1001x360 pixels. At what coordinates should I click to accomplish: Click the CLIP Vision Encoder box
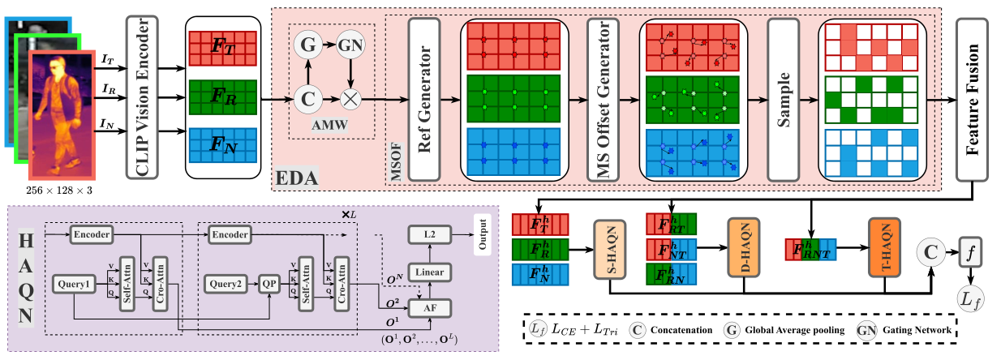[x=142, y=97]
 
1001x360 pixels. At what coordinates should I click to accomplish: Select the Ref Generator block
[x=424, y=99]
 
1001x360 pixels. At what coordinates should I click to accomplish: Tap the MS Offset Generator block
[x=603, y=99]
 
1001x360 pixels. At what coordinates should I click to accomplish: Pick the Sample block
[x=784, y=99]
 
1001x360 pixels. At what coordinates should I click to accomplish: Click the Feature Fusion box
[x=972, y=99]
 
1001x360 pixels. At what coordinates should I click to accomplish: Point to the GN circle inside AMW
[x=350, y=45]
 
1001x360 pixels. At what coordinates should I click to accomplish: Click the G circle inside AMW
[x=308, y=45]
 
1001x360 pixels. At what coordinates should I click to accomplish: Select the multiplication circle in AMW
[x=350, y=99]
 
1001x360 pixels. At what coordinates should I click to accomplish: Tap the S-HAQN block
[x=609, y=249]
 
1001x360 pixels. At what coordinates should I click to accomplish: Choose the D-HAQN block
[x=744, y=247]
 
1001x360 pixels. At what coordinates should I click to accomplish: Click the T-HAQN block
[x=884, y=247]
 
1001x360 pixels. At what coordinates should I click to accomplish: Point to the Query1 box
[x=74, y=284]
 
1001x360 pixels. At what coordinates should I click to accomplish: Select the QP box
[x=269, y=284]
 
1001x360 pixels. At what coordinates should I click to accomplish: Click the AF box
[x=430, y=308]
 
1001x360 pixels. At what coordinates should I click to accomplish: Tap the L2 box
[x=430, y=235]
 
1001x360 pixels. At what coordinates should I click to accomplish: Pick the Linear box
[x=430, y=272]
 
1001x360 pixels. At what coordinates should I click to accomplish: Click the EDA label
[x=297, y=178]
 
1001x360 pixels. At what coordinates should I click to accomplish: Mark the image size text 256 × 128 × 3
[x=59, y=191]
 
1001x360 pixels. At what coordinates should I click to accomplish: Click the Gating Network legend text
[x=917, y=330]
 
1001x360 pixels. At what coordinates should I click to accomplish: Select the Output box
[x=483, y=235]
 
